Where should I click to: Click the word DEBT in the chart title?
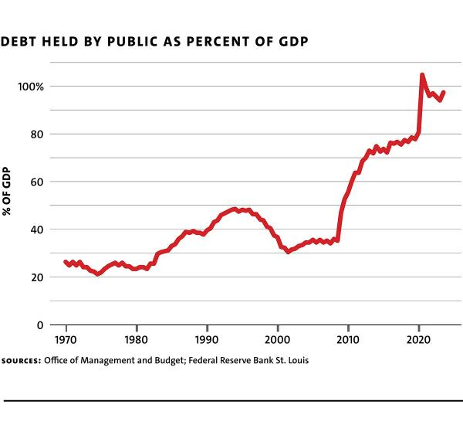(19, 41)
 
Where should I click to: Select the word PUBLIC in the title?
(126, 41)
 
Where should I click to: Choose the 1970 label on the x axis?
(66, 340)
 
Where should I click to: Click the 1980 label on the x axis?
(136, 340)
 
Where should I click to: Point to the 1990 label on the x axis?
(207, 340)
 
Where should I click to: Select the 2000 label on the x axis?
(277, 340)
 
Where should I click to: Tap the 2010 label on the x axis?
(348, 340)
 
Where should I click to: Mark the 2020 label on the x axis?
(418, 340)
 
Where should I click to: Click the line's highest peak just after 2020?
(422, 75)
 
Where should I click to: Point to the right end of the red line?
(444, 93)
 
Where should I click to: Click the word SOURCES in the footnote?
(21, 361)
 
